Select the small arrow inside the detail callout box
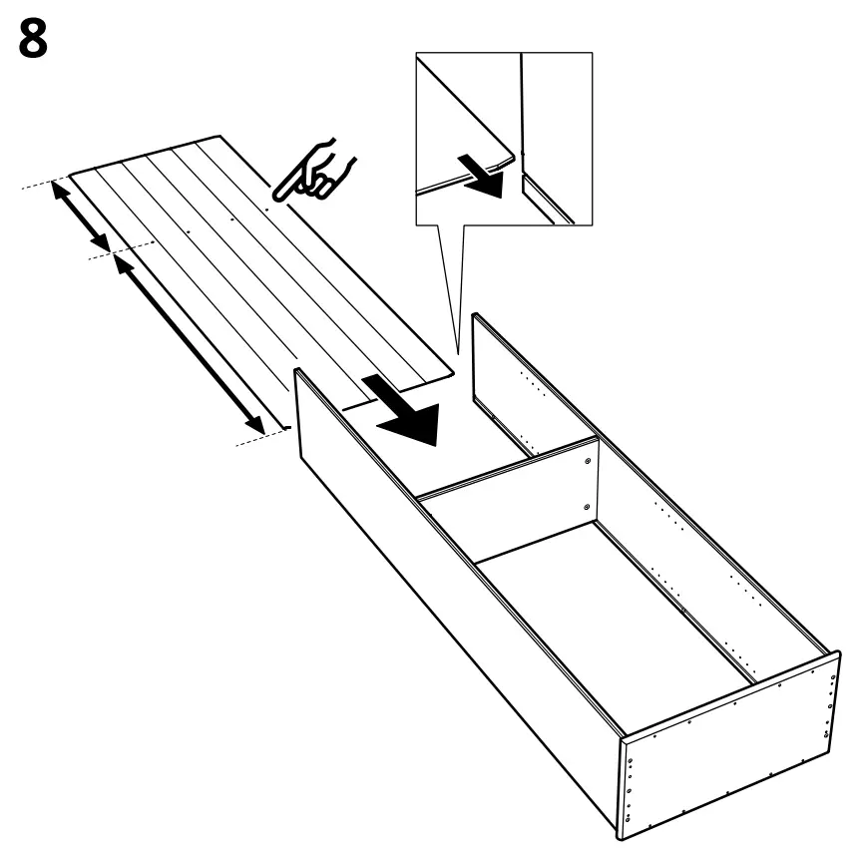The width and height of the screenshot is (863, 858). tap(486, 175)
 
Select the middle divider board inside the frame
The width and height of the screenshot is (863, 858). tap(509, 509)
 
